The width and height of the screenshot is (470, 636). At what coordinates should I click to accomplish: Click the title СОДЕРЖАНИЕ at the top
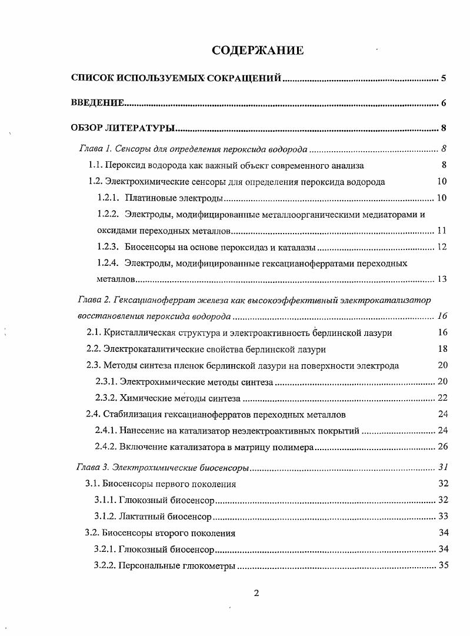(258, 51)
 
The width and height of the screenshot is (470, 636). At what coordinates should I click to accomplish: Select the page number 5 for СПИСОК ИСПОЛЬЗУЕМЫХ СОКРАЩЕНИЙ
(444, 78)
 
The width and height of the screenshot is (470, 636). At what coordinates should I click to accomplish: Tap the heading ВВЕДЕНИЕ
(97, 104)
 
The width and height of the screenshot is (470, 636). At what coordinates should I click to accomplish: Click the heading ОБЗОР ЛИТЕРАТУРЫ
(123, 128)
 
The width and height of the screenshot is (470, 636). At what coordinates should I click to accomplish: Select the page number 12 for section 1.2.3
(441, 247)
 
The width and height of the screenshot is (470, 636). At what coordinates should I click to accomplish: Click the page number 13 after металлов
(441, 278)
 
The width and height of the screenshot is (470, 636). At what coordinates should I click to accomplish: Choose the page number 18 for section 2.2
(443, 349)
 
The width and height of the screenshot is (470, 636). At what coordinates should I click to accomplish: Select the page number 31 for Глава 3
(443, 468)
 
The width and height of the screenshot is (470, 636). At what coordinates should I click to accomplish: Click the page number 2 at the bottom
(256, 592)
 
